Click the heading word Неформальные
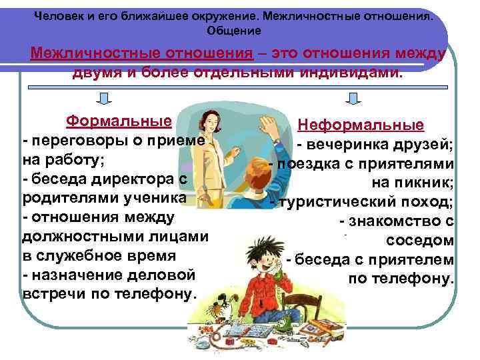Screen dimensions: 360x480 [360, 125]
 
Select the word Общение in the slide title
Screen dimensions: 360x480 [234, 31]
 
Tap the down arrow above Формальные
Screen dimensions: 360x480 [104, 99]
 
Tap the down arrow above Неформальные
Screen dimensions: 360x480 [354, 99]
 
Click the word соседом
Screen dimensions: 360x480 [420, 239]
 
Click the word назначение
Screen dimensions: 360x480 [74, 275]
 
